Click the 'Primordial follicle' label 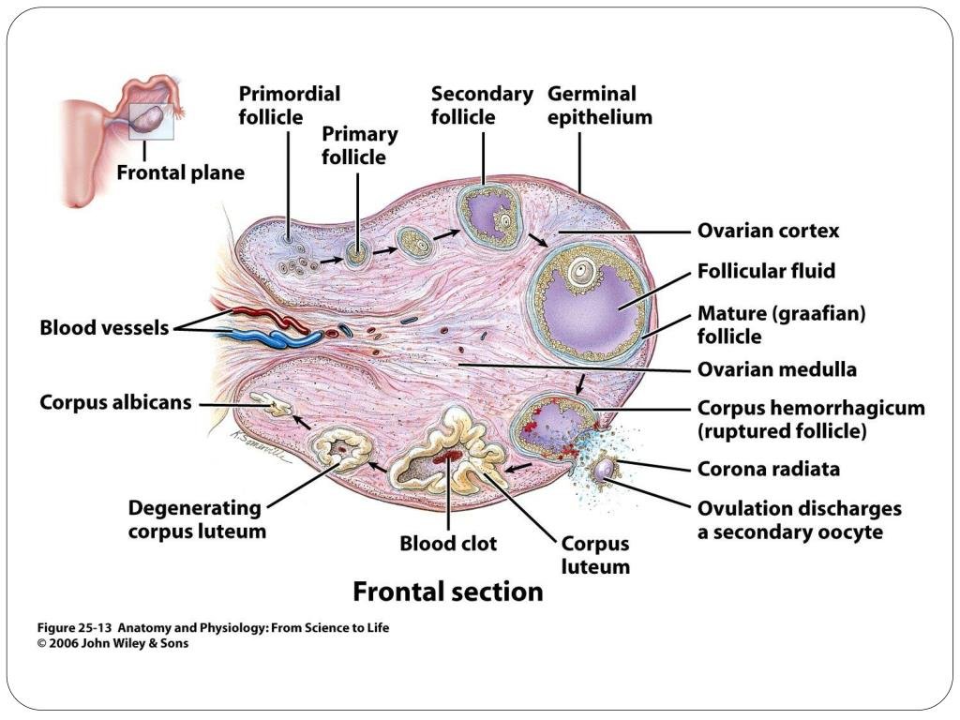289,105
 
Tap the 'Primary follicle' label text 359,145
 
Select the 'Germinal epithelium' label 599,105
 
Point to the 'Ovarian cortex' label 768,231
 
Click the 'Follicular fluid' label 766,271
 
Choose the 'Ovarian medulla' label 776,369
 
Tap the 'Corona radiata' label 768,469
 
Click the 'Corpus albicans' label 115,402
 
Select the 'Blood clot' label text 448,544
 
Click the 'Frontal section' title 447,592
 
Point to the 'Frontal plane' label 180,172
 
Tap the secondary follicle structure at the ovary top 487,217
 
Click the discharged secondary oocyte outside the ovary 607,466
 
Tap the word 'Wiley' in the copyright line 122,643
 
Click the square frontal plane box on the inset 150,120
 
